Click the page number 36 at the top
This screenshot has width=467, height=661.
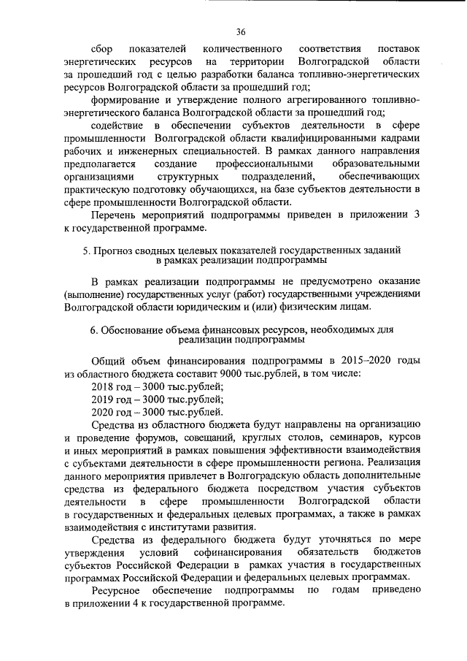pos(241,31)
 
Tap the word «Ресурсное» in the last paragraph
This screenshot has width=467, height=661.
pos(117,591)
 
